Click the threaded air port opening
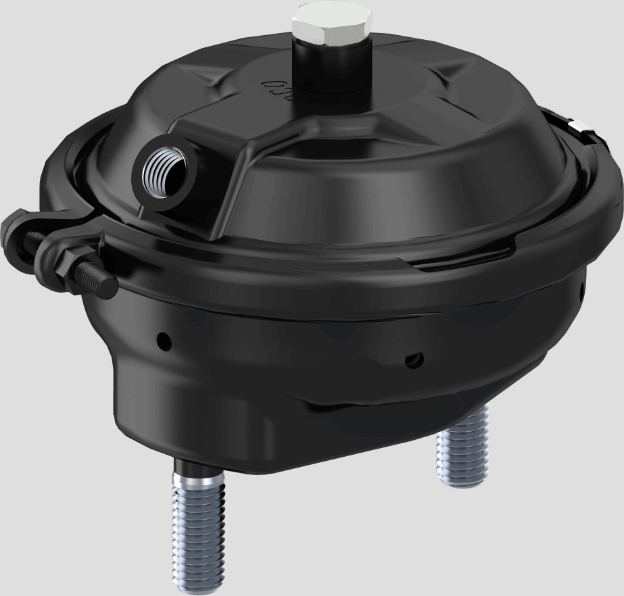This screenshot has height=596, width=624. click(x=164, y=170)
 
